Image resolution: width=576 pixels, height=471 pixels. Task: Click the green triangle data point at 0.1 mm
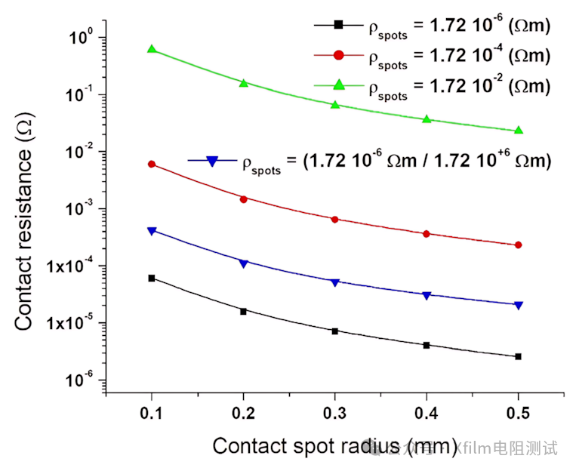152,49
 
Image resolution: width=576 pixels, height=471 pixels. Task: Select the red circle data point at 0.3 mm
335,219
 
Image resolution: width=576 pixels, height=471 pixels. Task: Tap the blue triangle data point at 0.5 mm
518,305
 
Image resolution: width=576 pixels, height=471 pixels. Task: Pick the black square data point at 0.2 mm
243,311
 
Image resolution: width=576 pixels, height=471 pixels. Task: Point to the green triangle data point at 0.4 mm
427,119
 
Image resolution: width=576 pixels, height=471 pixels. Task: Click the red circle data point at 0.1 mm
152,164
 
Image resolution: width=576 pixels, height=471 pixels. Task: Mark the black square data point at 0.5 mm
518,356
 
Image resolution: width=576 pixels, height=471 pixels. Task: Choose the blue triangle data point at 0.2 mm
243,263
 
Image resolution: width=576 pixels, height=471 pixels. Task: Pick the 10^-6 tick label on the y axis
78,380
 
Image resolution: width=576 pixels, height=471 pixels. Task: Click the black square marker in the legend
339,25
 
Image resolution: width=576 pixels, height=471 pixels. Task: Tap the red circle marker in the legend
339,54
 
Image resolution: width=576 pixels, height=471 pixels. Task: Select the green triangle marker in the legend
339,84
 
